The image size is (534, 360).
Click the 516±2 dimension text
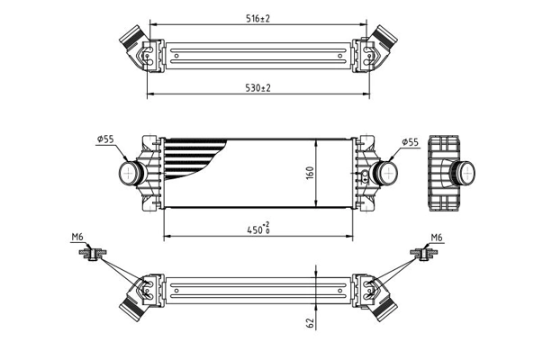pyautogui.click(x=259, y=17)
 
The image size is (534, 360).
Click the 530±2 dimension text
pyautogui.click(x=259, y=87)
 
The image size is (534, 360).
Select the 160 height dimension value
pyautogui.click(x=310, y=173)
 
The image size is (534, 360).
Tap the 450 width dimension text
pyautogui.click(x=258, y=229)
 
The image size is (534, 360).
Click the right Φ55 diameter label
pyautogui.click(x=409, y=141)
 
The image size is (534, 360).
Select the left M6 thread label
pyautogui.click(x=77, y=238)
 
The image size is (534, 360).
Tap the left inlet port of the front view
pyautogui.click(x=131, y=172)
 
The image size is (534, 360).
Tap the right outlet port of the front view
pyautogui.click(x=387, y=172)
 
